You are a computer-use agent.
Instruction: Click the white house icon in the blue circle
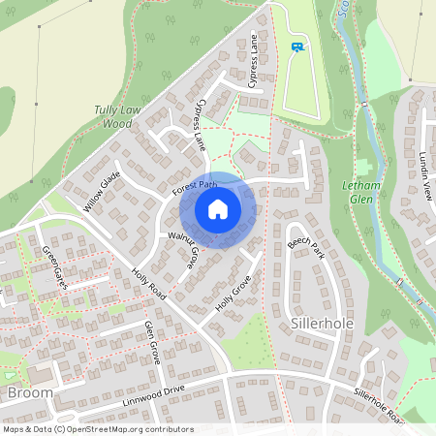[x=218, y=208]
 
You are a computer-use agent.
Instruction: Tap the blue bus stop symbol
[x=296, y=46]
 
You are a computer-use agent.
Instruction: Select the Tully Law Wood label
[x=115, y=116]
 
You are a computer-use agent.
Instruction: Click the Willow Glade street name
[x=101, y=190]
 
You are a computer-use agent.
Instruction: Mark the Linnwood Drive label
[x=153, y=394]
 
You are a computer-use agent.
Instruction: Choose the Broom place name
[x=30, y=392]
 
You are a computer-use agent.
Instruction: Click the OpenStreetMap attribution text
[x=97, y=429]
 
